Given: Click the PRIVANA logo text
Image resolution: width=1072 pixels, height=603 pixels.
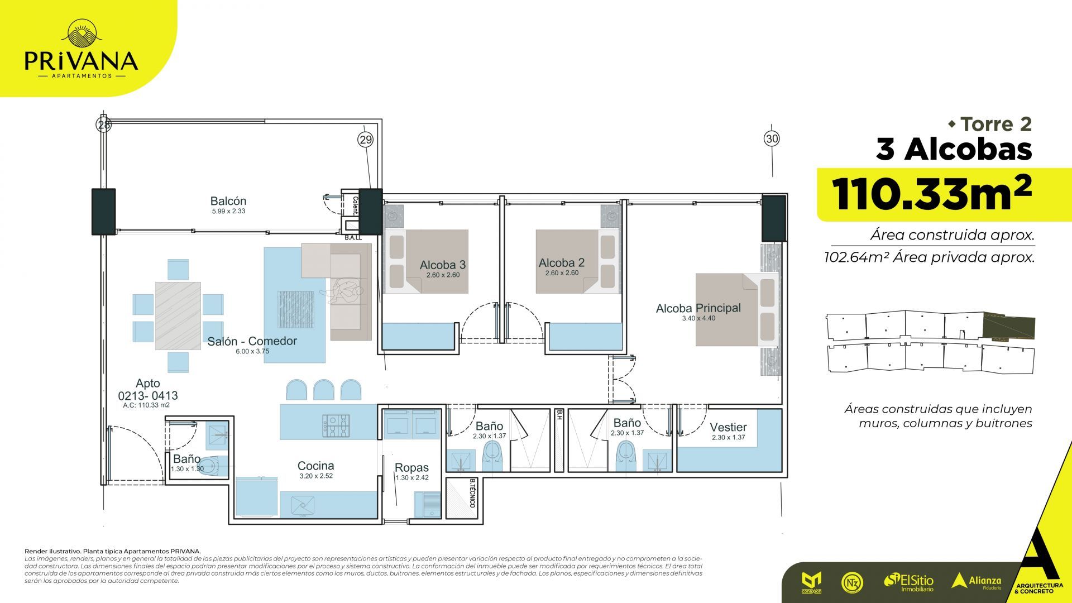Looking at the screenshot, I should (82, 60).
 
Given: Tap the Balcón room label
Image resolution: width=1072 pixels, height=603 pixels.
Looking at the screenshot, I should (228, 201).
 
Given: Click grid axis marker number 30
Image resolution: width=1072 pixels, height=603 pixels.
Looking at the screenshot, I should (772, 138).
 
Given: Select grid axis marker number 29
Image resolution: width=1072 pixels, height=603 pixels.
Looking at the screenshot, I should (365, 140).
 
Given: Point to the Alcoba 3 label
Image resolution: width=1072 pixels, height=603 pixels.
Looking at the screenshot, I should (443, 265).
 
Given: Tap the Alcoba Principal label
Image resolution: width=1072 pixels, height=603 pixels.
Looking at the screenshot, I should (698, 308).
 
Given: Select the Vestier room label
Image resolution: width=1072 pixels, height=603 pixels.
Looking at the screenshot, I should (728, 427).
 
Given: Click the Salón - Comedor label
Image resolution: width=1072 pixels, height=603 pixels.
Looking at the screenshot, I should (252, 341).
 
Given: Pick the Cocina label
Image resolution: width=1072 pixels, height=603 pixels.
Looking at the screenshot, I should (315, 466).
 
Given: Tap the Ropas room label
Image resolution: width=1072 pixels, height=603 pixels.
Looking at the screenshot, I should (411, 467).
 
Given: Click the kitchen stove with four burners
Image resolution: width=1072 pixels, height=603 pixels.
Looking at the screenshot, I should (336, 425).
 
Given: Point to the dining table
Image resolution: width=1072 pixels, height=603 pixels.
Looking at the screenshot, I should (178, 315).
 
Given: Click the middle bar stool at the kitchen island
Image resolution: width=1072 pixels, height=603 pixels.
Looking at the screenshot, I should (323, 390).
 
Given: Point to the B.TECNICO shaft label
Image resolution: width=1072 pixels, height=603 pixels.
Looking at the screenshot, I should (472, 493).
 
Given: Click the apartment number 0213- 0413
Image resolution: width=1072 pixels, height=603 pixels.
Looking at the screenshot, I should (148, 395).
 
